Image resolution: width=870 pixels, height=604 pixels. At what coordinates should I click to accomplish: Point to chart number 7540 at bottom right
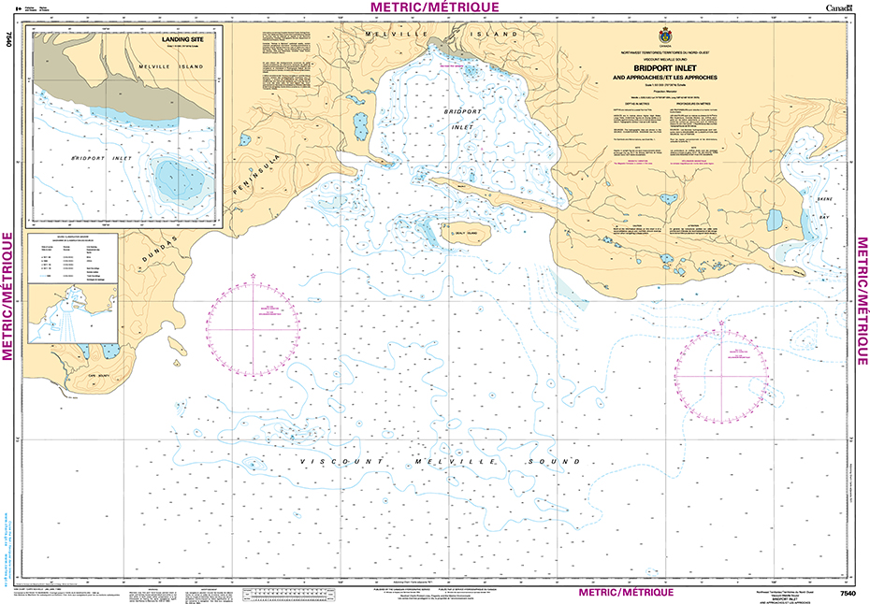pyautogui.click(x=848, y=594)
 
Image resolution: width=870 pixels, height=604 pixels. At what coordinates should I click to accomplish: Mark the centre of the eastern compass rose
pyautogui.click(x=721, y=375)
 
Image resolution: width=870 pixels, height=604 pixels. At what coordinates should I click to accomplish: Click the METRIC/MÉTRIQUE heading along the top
pyautogui.click(x=435, y=7)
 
